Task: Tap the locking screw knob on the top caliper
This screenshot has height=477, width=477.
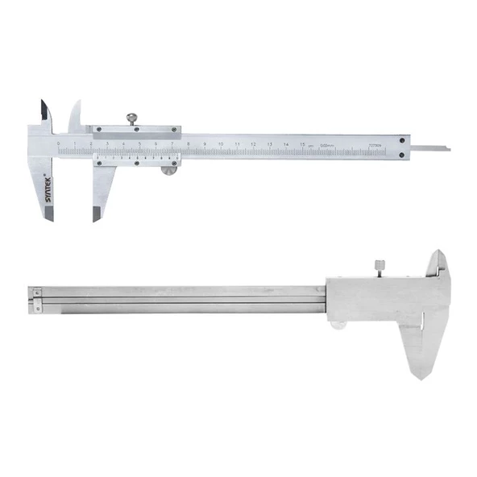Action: pos(131,119)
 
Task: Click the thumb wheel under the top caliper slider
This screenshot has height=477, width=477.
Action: pos(168,169)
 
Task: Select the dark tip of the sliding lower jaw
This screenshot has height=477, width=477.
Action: pos(97,214)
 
